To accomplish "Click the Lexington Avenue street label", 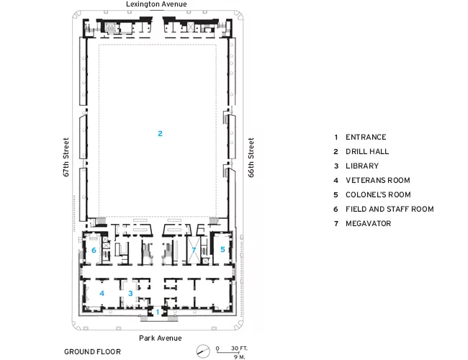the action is click(x=156, y=4).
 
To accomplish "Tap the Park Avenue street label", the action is click(x=161, y=338).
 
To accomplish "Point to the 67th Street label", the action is click(x=66, y=157).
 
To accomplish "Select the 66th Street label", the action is click(x=251, y=157).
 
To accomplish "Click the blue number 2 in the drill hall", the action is click(x=160, y=133).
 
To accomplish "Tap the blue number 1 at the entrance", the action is click(x=158, y=312).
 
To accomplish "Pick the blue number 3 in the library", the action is click(x=130, y=293).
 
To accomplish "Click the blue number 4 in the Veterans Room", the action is click(x=102, y=293).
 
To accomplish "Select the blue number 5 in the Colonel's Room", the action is click(x=222, y=249).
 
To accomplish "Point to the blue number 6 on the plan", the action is click(x=94, y=250).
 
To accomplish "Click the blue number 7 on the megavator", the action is click(x=194, y=250).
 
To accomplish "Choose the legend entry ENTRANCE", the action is click(x=366, y=137).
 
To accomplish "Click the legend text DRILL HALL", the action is click(x=367, y=151).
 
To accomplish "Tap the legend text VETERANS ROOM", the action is click(x=377, y=180).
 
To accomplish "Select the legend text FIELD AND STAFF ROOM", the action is click(x=390, y=209).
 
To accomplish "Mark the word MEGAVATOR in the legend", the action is click(x=369, y=223).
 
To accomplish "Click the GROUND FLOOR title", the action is click(x=93, y=351).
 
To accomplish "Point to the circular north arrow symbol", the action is click(x=203, y=351).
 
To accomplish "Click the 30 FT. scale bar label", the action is click(x=239, y=348).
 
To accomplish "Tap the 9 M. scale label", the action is click(x=239, y=356).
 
